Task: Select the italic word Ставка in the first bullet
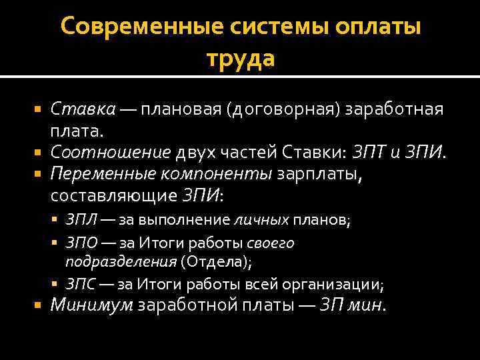pyautogui.click(x=84, y=109)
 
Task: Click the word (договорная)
pyautogui.click(x=285, y=109)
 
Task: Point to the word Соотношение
pyautogui.click(x=110, y=153)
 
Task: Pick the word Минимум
pyautogui.click(x=93, y=306)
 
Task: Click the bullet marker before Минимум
pyautogui.click(x=37, y=306)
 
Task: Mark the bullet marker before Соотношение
pyautogui.click(x=37, y=153)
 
